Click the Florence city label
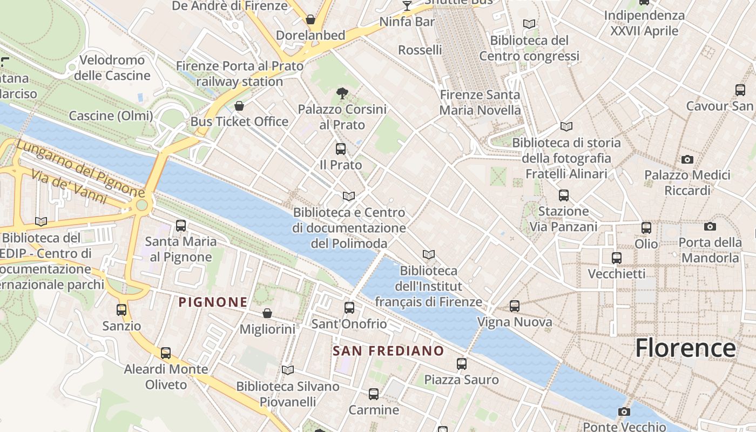click(685, 348)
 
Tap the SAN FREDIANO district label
click(388, 351)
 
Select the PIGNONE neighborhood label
click(213, 302)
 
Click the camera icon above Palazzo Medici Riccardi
click(687, 159)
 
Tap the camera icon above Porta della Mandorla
click(710, 227)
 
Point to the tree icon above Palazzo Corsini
click(342, 93)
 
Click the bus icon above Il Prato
click(341, 149)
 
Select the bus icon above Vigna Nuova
click(515, 306)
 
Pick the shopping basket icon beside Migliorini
click(267, 313)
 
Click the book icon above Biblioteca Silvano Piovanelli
click(288, 370)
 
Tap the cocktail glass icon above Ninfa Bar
click(407, 6)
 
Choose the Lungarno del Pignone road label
click(80, 168)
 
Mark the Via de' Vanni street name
click(69, 187)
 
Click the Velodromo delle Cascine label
click(112, 67)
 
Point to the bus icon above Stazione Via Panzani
click(564, 195)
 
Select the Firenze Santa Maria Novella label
click(480, 103)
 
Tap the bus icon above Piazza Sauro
click(462, 363)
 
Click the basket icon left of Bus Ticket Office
click(239, 106)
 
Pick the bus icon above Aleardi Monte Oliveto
click(166, 353)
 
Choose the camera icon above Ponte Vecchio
click(624, 412)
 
